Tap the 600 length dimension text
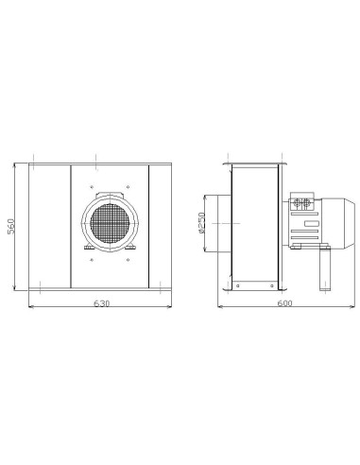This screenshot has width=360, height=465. [284, 303]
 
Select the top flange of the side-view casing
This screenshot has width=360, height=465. [255, 162]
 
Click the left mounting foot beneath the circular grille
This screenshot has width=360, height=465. [87, 250]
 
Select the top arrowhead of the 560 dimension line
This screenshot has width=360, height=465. [18, 162]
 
